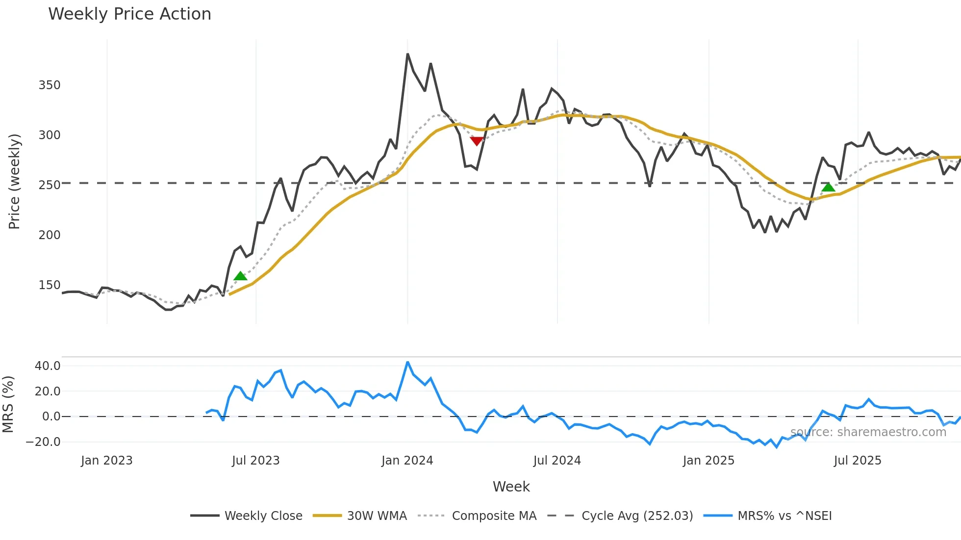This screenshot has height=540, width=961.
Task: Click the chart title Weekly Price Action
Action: [129, 14]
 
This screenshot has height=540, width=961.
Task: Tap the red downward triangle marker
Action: [477, 141]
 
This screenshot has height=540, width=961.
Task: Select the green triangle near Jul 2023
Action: [240, 276]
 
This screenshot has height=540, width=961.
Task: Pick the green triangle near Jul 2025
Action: [828, 187]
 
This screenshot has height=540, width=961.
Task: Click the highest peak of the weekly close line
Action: [407, 54]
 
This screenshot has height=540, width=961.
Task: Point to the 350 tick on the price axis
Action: [50, 85]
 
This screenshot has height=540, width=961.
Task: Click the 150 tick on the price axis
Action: [50, 285]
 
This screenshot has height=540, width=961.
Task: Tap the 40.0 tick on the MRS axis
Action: [48, 366]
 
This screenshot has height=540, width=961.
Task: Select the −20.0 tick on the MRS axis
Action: [43, 442]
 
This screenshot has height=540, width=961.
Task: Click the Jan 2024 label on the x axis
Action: [407, 461]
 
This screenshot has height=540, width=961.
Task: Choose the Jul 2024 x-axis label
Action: [557, 461]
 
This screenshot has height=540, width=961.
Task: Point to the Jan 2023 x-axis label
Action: [107, 461]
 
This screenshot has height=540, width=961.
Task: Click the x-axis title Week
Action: [511, 487]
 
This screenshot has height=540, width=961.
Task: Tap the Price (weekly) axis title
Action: [15, 181]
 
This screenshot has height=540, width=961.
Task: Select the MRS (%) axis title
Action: [8, 404]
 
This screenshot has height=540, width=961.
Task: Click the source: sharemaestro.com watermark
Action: [868, 432]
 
